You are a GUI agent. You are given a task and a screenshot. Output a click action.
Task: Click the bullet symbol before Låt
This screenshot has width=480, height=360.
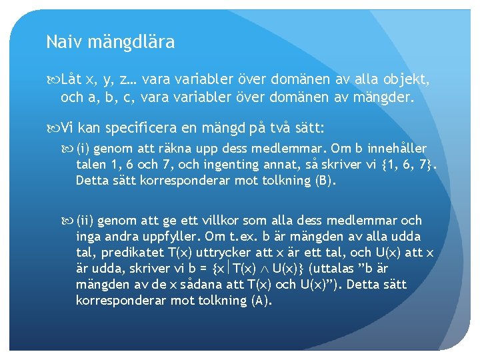pos(53,81)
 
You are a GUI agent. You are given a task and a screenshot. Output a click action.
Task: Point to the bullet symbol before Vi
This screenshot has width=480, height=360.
pos(53,126)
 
